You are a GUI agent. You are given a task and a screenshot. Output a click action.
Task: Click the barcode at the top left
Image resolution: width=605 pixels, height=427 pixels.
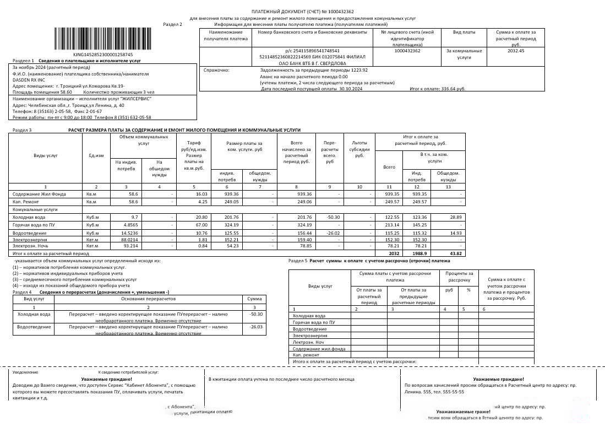coord(94,39)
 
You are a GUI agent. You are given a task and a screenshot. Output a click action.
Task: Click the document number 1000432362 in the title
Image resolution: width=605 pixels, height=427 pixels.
coord(340,12)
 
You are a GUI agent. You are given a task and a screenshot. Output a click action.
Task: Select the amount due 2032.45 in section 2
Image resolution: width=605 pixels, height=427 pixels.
coord(515,51)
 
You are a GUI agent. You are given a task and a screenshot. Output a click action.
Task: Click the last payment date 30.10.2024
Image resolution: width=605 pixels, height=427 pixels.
coord(344,89)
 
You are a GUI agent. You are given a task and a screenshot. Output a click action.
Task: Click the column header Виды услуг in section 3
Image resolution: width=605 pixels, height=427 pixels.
coord(45,155)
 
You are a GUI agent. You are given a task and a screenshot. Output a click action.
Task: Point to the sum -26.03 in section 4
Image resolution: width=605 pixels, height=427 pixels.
coord(255,327)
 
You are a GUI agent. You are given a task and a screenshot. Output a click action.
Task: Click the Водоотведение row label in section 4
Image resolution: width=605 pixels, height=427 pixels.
coord(34,327)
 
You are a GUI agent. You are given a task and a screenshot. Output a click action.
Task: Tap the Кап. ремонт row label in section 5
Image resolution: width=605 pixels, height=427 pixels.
coord(306,355)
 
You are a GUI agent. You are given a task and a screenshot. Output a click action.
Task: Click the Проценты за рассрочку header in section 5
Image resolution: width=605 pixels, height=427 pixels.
coord(459,277)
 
